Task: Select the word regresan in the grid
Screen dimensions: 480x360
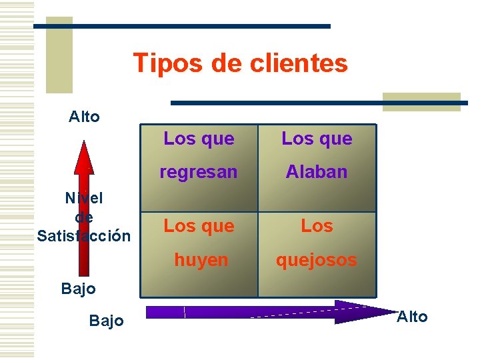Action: tap(198, 172)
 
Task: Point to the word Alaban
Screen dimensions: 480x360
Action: tap(317, 172)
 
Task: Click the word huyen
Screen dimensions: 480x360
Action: tap(201, 260)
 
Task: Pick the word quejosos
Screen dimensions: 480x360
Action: tap(317, 260)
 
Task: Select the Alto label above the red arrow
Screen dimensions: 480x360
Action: tap(84, 117)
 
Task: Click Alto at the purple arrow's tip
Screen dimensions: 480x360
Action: tap(412, 317)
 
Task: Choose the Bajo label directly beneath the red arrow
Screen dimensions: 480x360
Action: tap(78, 289)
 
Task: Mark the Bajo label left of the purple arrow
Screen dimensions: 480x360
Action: tap(106, 321)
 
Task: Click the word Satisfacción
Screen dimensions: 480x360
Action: tap(84, 236)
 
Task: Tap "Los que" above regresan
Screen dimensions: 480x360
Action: tap(199, 139)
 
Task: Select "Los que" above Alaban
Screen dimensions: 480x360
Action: tap(317, 139)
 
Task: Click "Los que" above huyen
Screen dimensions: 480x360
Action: tap(199, 226)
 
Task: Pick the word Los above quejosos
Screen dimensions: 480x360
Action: tap(317, 226)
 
